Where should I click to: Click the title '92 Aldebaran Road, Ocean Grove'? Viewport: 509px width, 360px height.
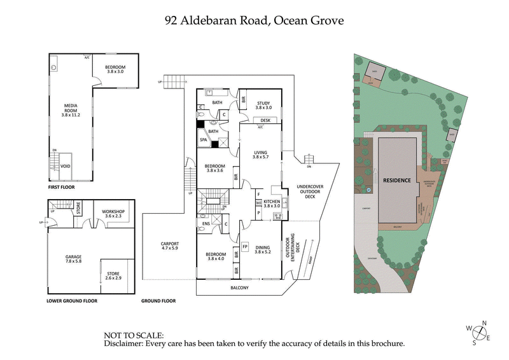254,20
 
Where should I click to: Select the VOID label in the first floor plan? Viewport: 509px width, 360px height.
66,166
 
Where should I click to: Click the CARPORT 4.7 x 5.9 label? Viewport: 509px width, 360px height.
169,246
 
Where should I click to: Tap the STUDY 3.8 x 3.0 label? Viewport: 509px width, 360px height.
263,106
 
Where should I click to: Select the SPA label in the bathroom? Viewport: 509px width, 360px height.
204,139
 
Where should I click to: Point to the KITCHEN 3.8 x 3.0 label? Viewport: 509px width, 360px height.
272,203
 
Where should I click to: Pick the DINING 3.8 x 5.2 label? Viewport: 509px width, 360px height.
262,249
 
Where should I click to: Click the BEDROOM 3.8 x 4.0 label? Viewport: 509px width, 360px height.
216,257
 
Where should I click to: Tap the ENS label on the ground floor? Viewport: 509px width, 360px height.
206,223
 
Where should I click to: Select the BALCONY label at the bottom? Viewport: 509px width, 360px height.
239,287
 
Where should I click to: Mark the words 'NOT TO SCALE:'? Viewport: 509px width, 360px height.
134,335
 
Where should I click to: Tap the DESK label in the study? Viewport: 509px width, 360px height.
266,120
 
